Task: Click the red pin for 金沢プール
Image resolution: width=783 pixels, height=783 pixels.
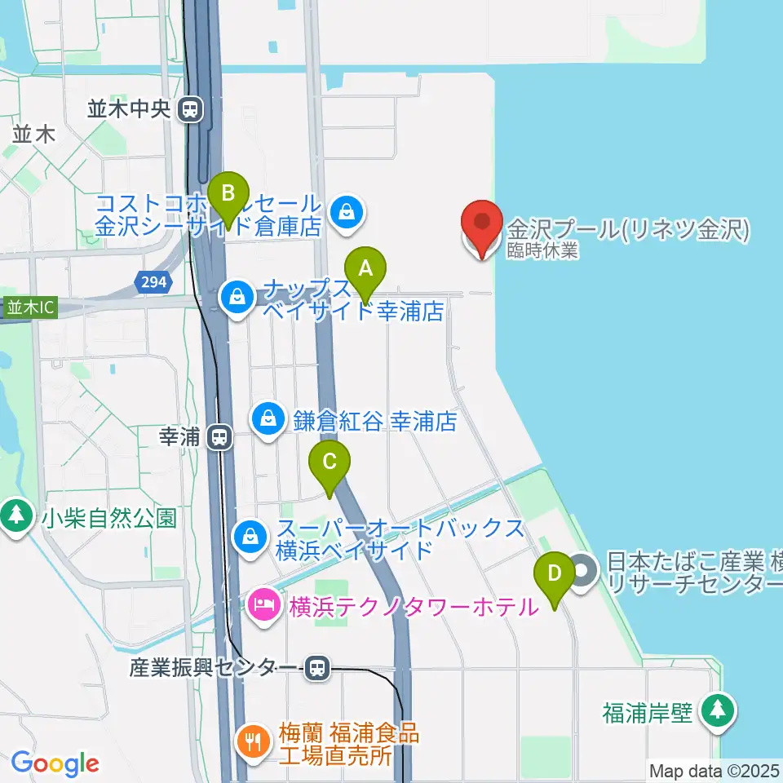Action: [x=481, y=224]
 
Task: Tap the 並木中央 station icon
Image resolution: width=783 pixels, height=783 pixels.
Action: [x=191, y=108]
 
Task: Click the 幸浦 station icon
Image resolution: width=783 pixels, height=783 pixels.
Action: [x=219, y=438]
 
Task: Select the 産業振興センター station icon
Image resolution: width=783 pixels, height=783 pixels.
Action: [x=317, y=669]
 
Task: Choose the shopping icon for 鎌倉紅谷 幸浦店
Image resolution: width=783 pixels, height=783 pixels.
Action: [x=268, y=420]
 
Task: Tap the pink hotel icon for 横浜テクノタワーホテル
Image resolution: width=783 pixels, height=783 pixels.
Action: [x=263, y=607]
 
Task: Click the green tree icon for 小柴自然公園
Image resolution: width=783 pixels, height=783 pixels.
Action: [x=15, y=515]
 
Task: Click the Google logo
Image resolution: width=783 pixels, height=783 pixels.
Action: [x=55, y=763]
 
